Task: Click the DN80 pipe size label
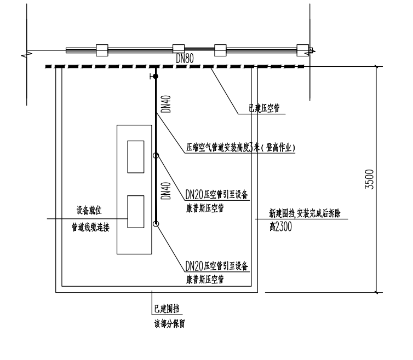pyautogui.click(x=185, y=59)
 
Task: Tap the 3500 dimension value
pyautogui.click(x=369, y=179)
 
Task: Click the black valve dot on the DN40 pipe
pyautogui.click(x=156, y=76)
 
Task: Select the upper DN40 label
pyautogui.click(x=166, y=104)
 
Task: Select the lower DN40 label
pyautogui.click(x=166, y=191)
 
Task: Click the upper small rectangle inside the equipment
pyautogui.click(x=136, y=157)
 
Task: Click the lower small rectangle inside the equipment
pyautogui.click(x=136, y=212)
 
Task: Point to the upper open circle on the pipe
pyautogui.click(x=156, y=155)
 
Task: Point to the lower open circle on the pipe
pyautogui.click(x=156, y=224)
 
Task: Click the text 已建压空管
pyautogui.click(x=264, y=108)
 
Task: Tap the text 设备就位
pyautogui.click(x=89, y=210)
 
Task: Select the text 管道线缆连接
pyautogui.click(x=90, y=227)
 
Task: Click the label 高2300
pyautogui.click(x=280, y=227)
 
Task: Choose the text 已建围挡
pyautogui.click(x=167, y=309)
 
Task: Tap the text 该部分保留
pyautogui.click(x=170, y=324)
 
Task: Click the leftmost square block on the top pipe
pyautogui.click(x=102, y=50)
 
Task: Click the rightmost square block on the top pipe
pyautogui.click(x=303, y=50)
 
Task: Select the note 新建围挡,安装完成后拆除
pyautogui.click(x=305, y=213)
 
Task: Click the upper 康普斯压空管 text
pyautogui.click(x=205, y=208)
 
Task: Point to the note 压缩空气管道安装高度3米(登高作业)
pyautogui.click(x=241, y=148)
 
